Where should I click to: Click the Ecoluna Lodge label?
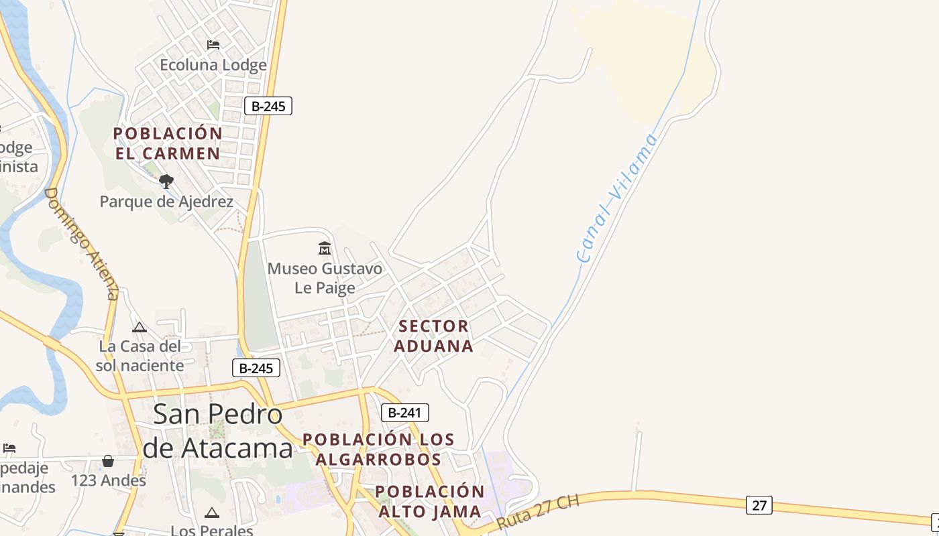[213, 65]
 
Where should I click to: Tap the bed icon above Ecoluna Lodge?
[213, 45]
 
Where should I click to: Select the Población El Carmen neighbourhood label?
[168, 143]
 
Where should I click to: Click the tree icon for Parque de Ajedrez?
[166, 181]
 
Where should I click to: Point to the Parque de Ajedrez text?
[166, 202]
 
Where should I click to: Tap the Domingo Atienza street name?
[82, 243]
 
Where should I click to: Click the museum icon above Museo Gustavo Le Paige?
[325, 249]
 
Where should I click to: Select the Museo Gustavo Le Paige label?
[325, 278]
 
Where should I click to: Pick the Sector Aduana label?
[433, 336]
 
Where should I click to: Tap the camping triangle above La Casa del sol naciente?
[140, 327]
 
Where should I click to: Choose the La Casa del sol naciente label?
[140, 356]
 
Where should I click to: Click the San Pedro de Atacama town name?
[218, 431]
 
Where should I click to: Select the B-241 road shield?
[404, 413]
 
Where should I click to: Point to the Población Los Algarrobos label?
[378, 450]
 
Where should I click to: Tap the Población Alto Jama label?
[430, 502]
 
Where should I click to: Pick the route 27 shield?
[759, 505]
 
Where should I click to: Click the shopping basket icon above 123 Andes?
[108, 461]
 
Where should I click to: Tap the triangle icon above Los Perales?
[212, 513]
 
